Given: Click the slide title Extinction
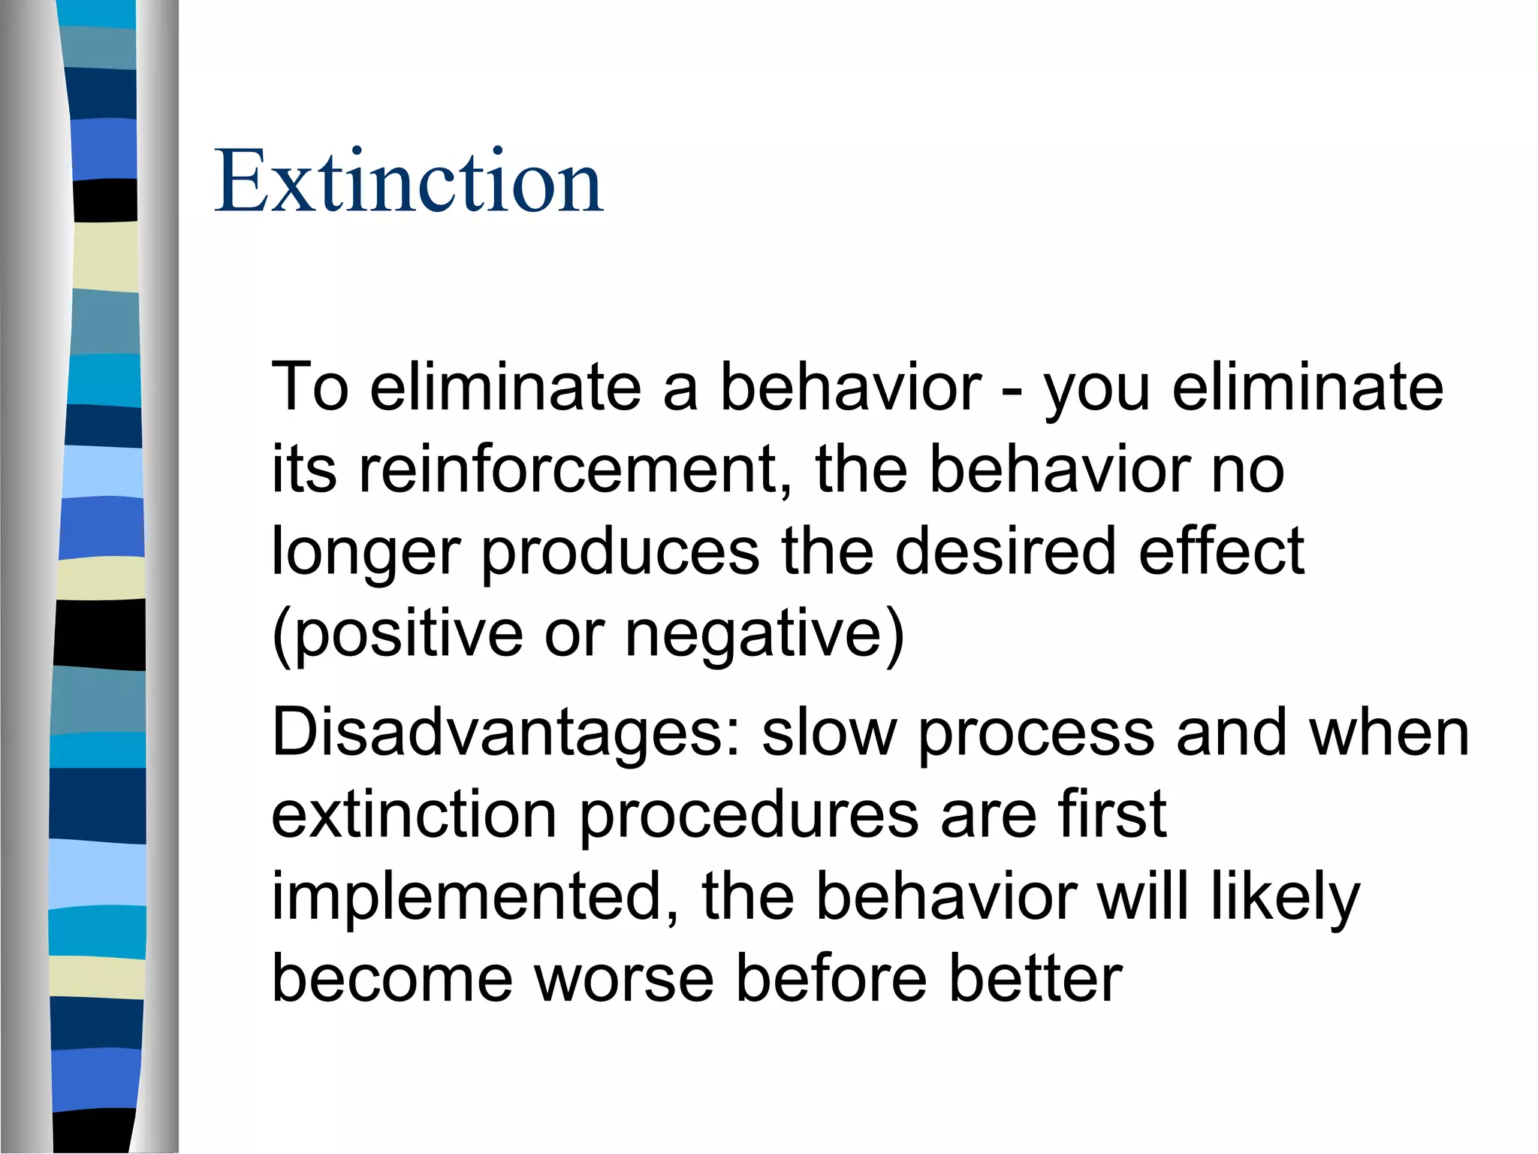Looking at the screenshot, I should tap(409, 182).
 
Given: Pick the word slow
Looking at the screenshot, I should tap(829, 733).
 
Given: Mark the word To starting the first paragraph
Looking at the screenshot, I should tap(310, 387).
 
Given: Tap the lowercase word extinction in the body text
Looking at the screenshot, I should tap(414, 815).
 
